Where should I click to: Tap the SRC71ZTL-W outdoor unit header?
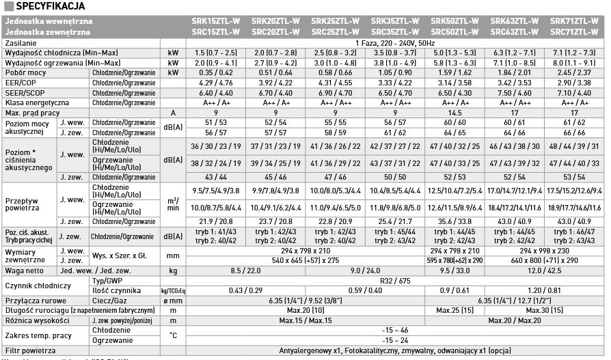[574, 31]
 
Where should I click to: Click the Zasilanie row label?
[21, 42]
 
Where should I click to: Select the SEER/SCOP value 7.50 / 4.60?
[513, 92]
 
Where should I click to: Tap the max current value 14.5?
[453, 112]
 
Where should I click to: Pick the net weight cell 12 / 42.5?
[574, 271]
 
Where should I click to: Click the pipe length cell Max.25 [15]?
[453, 311]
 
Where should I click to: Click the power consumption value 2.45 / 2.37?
[574, 72]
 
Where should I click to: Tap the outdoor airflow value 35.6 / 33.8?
[453, 221]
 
